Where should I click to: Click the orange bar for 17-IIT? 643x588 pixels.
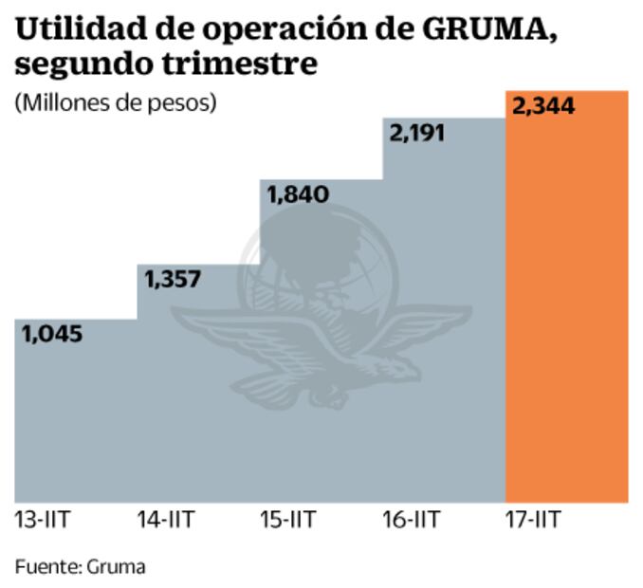pos(567,303)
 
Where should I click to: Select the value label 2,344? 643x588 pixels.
pos(543,106)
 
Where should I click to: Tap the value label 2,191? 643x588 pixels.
pos(417,134)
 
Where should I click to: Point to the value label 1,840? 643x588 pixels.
pos(298,194)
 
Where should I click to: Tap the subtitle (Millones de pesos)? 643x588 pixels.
pos(116,102)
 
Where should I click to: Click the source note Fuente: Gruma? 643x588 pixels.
pos(81,567)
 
